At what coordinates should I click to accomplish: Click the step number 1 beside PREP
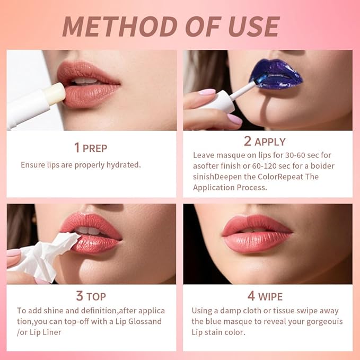[x=77, y=147]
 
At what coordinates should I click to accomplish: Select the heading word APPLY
[x=270, y=142]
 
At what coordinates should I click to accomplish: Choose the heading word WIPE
[x=270, y=296]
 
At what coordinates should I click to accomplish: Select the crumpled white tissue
[x=45, y=258]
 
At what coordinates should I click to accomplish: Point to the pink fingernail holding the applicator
[x=206, y=92]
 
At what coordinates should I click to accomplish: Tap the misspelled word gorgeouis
[x=320, y=321]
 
